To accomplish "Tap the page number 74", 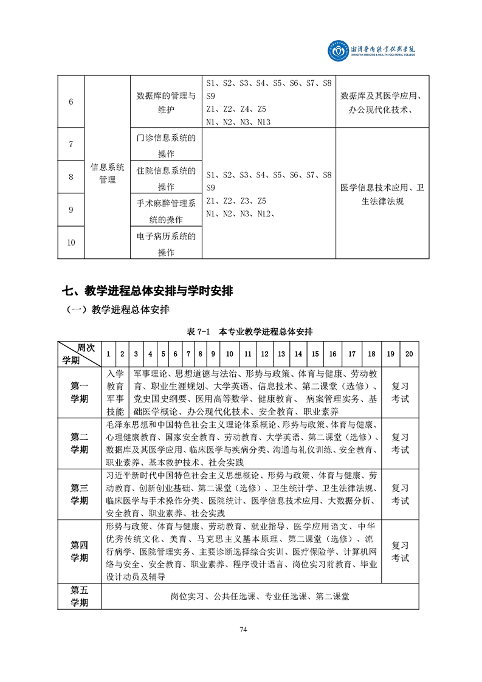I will click(243, 629).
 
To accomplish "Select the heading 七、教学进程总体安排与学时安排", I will click(148, 291).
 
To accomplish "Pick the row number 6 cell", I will click(71, 102).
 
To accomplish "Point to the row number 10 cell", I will click(71, 243).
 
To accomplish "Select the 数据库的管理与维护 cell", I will click(166, 102).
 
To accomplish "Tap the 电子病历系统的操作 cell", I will click(166, 243).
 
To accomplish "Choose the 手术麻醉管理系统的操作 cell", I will click(166, 210).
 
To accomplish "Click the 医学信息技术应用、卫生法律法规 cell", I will click(382, 194).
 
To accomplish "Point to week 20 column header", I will click(409, 354).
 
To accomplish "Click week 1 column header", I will click(108, 354).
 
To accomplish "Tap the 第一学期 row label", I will click(79, 392).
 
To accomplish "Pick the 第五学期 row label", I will click(79, 596).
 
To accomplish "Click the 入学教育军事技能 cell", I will click(115, 392).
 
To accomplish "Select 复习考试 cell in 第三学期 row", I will click(400, 494).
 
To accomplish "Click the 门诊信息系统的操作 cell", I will click(166, 145).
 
